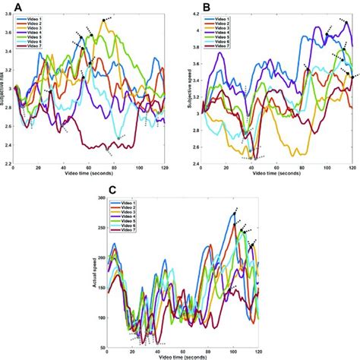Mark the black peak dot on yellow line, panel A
click(x=104, y=19)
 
